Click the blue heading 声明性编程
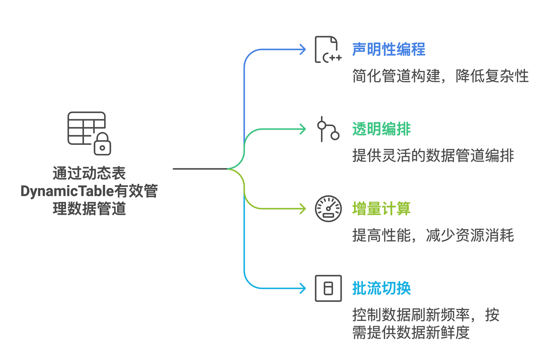pos(388,49)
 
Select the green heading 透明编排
pos(381,129)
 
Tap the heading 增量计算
pos(381,209)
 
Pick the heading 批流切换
pos(381,288)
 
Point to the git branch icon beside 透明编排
pos(327,129)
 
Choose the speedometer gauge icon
pos(328,209)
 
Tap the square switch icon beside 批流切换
pos(328,288)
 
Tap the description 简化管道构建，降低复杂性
pos(440,76)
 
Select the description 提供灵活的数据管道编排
pos(433,156)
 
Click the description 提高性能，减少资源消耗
pos(433,236)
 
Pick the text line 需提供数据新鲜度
pos(411,333)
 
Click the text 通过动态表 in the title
pos(89,173)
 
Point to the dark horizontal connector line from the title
pos(199,168)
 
